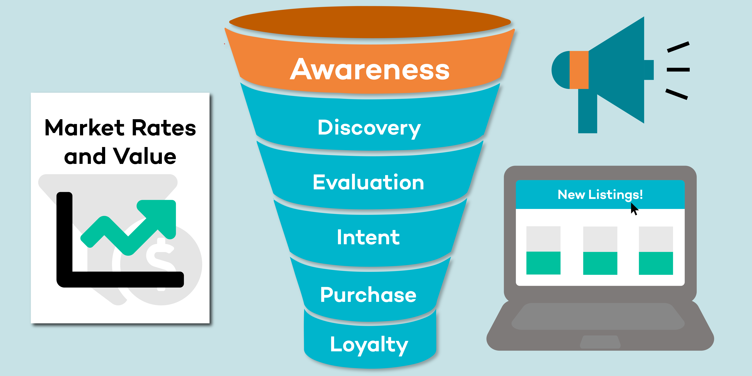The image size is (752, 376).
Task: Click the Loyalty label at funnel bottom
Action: [x=369, y=345]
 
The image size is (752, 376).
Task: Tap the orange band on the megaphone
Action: [x=579, y=70]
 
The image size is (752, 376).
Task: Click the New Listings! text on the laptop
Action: [x=600, y=195]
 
